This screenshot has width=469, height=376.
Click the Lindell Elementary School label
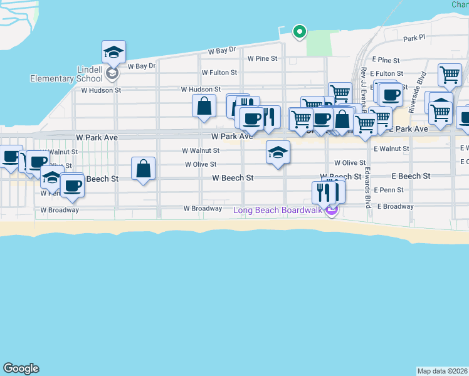click(66, 73)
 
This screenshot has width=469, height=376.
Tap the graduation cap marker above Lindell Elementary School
click(113, 51)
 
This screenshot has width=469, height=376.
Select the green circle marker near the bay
click(300, 31)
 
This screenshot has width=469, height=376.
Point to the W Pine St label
click(263, 58)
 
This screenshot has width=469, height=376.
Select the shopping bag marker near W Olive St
click(144, 169)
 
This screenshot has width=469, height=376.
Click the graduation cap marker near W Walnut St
click(278, 152)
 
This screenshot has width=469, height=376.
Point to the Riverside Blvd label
click(417, 92)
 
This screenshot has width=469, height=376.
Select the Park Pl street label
click(414, 38)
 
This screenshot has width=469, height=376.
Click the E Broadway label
click(395, 206)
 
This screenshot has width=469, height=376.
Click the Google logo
click(21, 368)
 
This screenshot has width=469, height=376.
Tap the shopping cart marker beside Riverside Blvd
click(450, 76)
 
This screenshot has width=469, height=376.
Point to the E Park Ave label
click(408, 129)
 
